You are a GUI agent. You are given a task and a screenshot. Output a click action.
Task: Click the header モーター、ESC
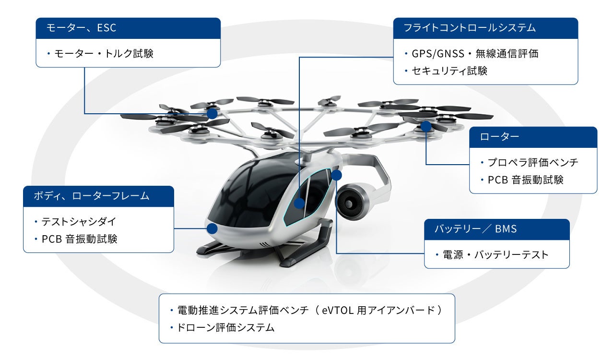click(x=82, y=28)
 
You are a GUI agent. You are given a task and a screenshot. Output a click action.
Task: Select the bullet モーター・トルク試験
click(x=104, y=53)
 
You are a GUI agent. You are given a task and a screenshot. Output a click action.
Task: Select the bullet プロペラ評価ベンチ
click(x=533, y=162)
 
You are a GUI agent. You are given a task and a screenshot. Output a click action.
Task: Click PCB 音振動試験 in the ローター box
click(x=525, y=180)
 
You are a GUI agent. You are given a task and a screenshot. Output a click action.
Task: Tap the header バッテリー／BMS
click(x=476, y=229)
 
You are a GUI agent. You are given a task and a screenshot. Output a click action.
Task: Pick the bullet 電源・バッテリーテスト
click(x=496, y=254)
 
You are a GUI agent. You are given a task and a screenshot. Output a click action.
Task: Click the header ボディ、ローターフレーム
click(x=92, y=196)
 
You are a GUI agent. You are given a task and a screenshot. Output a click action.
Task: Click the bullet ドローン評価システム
click(x=226, y=328)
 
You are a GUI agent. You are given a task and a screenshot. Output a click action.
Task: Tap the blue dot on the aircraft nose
click(x=212, y=228)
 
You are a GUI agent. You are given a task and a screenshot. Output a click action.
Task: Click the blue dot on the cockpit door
click(x=299, y=203)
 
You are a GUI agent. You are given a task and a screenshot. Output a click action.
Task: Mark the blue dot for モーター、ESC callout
click(x=212, y=114)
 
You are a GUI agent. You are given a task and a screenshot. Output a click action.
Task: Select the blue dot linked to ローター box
click(x=425, y=126)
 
